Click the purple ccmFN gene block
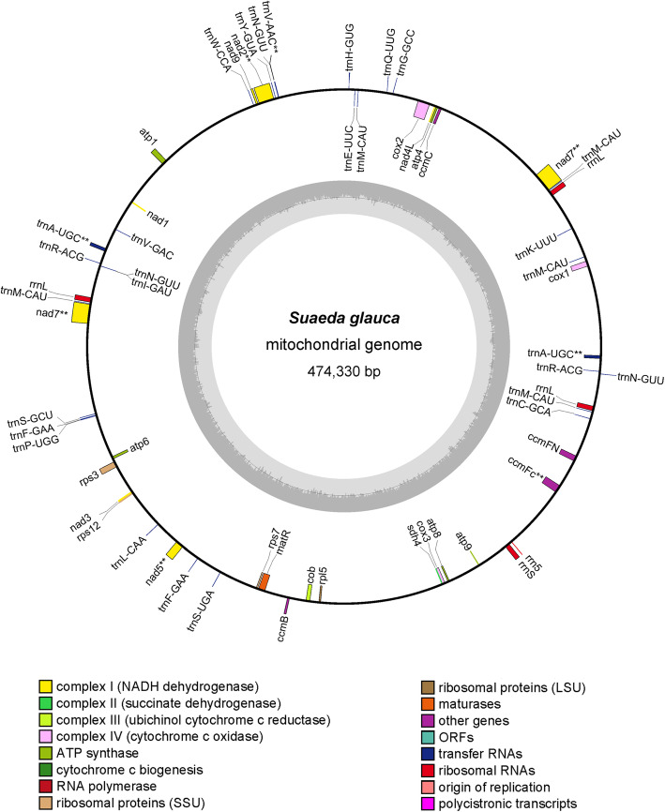click(x=566, y=454)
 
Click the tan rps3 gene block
click(x=108, y=466)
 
